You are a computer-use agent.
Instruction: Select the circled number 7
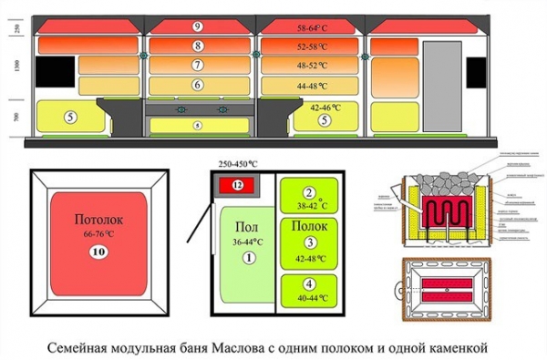pos(198,65)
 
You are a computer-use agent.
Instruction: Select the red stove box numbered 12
pos(237,185)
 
